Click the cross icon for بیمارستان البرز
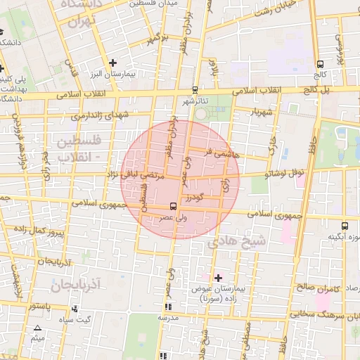112,63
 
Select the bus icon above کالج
321,63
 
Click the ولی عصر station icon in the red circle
174,206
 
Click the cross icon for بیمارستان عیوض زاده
218,278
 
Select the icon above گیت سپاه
75,309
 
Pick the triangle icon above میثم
37,328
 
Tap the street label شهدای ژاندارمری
104,115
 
